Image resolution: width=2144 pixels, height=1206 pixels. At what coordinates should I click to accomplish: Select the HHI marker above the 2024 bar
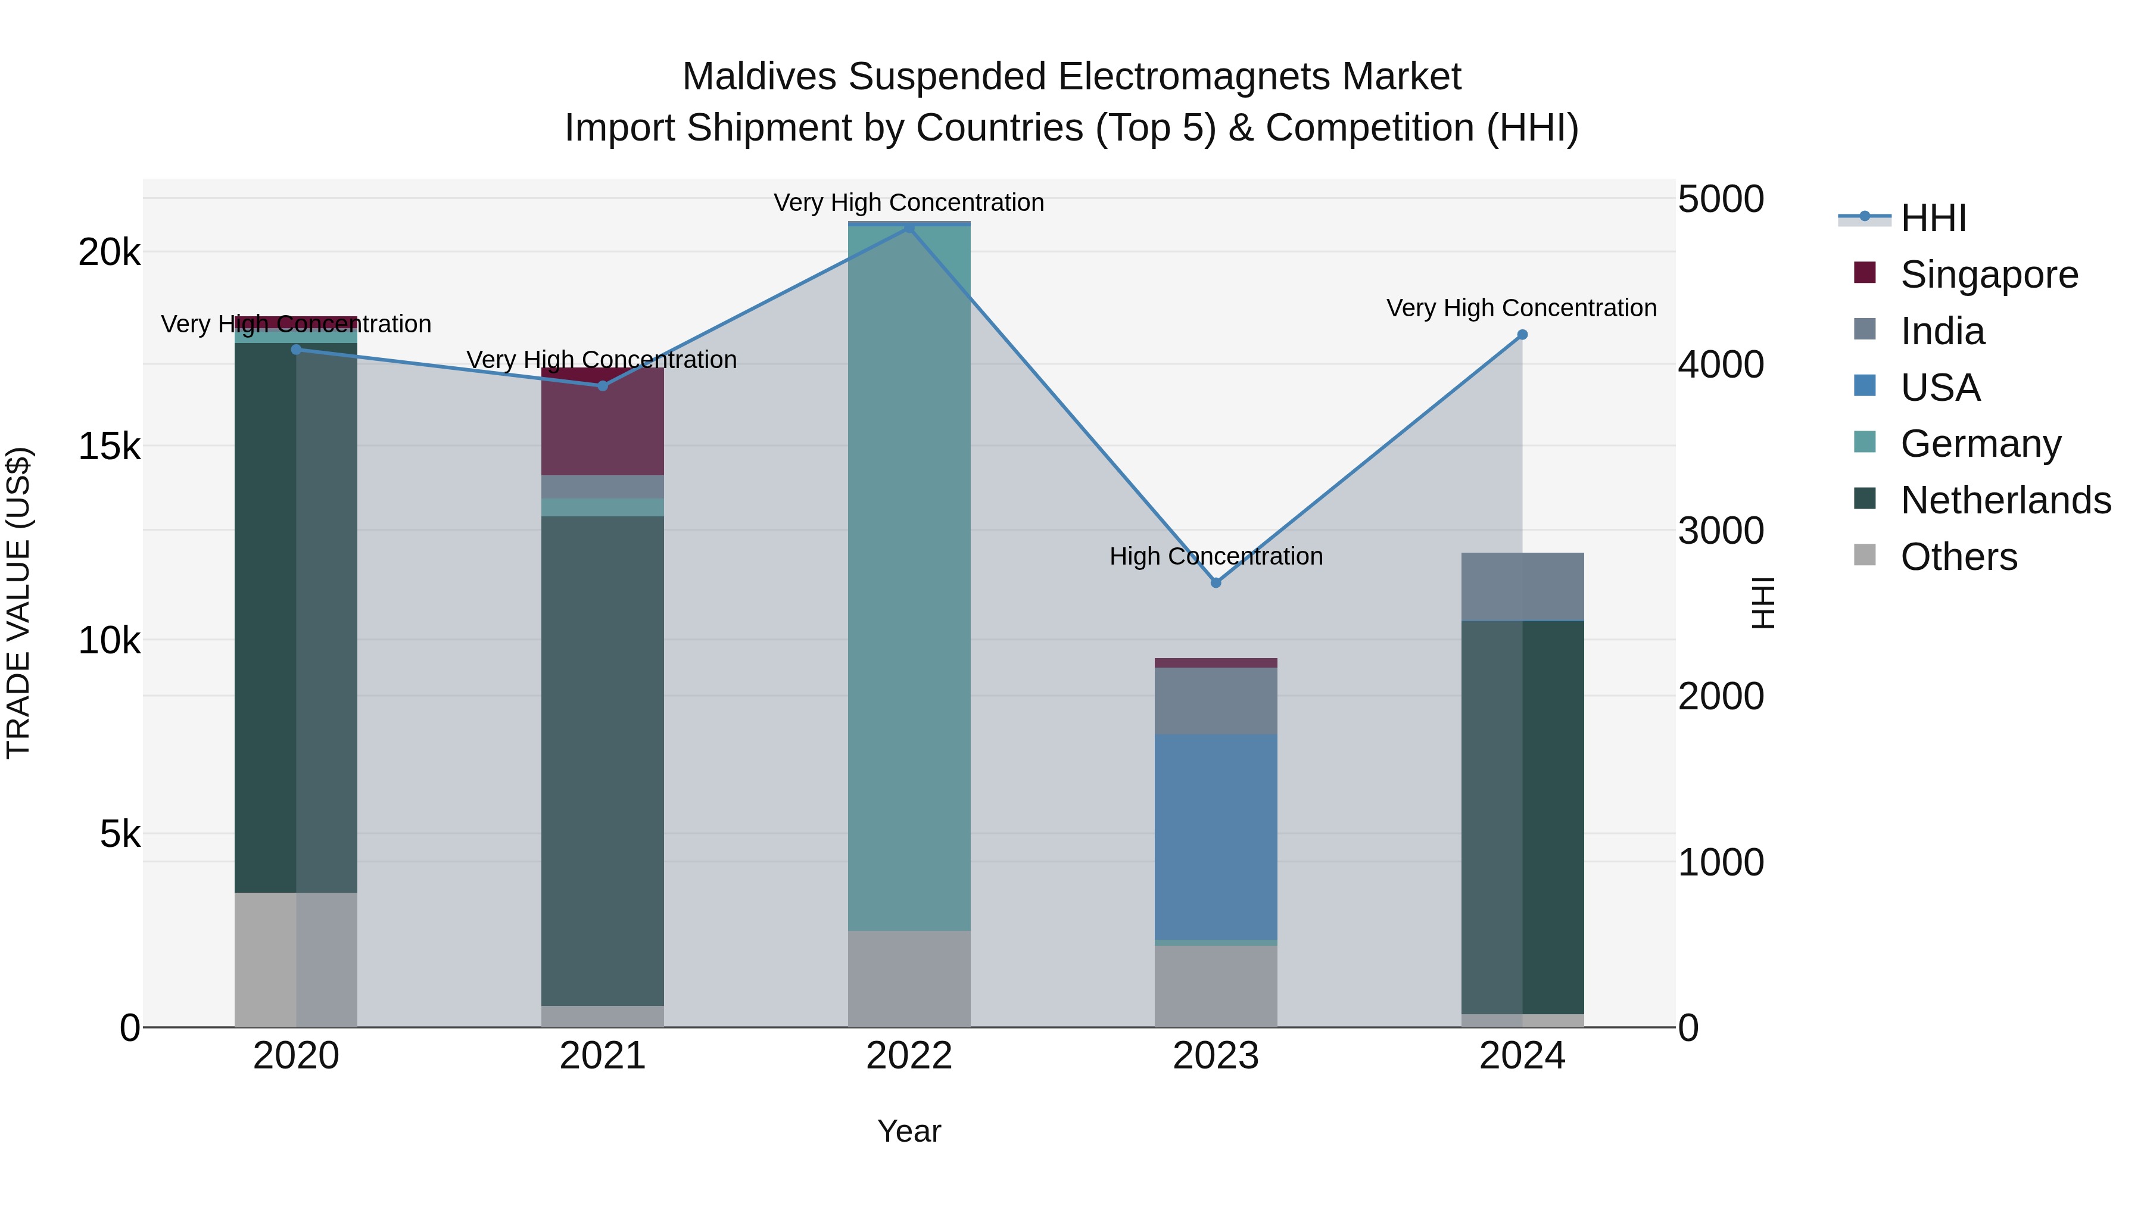click(1522, 335)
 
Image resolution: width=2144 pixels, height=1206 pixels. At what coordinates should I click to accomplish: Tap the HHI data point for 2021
click(603, 385)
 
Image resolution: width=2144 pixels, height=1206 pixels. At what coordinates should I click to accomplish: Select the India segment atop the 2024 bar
click(1522, 587)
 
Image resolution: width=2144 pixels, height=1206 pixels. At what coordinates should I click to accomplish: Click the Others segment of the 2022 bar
click(909, 978)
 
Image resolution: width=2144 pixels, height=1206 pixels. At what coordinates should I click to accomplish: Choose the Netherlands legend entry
click(2004, 500)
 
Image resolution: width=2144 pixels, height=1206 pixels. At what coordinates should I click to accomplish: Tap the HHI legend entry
click(1933, 218)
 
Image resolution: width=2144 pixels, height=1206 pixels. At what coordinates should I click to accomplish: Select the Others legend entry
click(1958, 557)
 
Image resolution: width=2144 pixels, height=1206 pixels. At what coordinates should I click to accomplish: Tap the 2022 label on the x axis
click(909, 1056)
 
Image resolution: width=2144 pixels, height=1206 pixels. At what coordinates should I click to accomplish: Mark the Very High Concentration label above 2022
click(908, 203)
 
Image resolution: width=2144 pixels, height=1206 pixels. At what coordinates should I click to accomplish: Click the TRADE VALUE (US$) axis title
click(18, 603)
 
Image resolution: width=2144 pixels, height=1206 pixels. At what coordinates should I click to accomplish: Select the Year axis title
click(909, 1131)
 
